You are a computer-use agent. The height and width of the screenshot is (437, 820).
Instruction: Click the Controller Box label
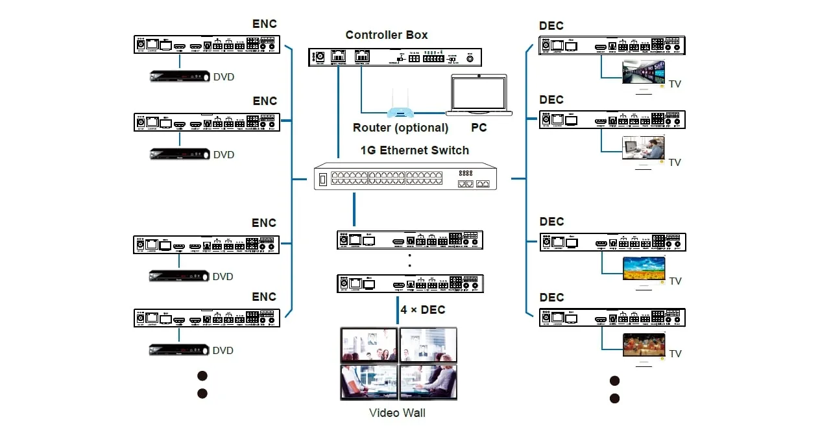387,35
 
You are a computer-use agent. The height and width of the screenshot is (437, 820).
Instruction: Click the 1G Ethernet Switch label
415,150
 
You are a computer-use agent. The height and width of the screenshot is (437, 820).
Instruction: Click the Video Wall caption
398,412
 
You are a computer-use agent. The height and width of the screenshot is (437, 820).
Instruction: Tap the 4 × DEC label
423,310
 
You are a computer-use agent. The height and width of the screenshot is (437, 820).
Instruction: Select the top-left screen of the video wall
369,345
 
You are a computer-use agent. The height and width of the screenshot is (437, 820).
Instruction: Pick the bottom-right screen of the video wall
428,382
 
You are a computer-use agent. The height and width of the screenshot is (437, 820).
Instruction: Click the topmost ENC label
265,24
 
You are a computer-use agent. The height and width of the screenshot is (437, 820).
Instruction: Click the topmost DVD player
180,76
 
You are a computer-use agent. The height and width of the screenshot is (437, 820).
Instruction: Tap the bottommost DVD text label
223,351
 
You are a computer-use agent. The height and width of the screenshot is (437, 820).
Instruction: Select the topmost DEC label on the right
551,26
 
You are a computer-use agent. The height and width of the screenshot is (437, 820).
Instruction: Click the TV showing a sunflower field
644,268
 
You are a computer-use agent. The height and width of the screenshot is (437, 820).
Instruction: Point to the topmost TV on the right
644,72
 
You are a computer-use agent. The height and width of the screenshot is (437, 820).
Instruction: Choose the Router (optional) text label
400,128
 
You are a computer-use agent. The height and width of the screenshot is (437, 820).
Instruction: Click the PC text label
479,128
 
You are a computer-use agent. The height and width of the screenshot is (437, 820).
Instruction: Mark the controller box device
395,58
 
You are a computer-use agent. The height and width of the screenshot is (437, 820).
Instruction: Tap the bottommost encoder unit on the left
206,318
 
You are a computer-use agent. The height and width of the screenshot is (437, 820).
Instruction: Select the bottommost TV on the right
644,344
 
